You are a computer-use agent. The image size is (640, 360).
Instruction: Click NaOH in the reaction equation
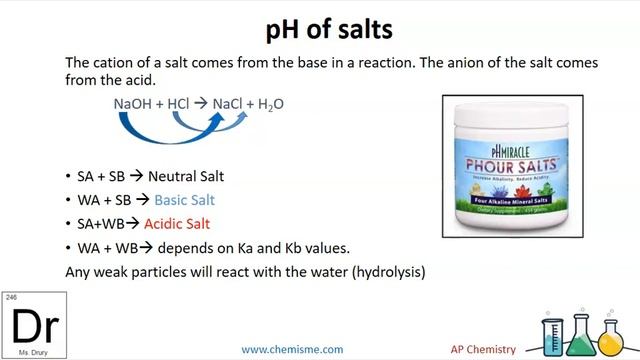pyautogui.click(x=133, y=103)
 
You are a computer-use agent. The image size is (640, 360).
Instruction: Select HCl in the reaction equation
pyautogui.click(x=177, y=103)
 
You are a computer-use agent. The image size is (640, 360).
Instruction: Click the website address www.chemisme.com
pyautogui.click(x=292, y=349)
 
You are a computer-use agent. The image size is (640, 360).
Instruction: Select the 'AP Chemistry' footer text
pyautogui.click(x=482, y=349)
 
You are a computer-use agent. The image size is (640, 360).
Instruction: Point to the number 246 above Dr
pyautogui.click(x=11, y=298)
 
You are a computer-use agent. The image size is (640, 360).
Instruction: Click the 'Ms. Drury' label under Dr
pyautogui.click(x=19, y=353)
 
